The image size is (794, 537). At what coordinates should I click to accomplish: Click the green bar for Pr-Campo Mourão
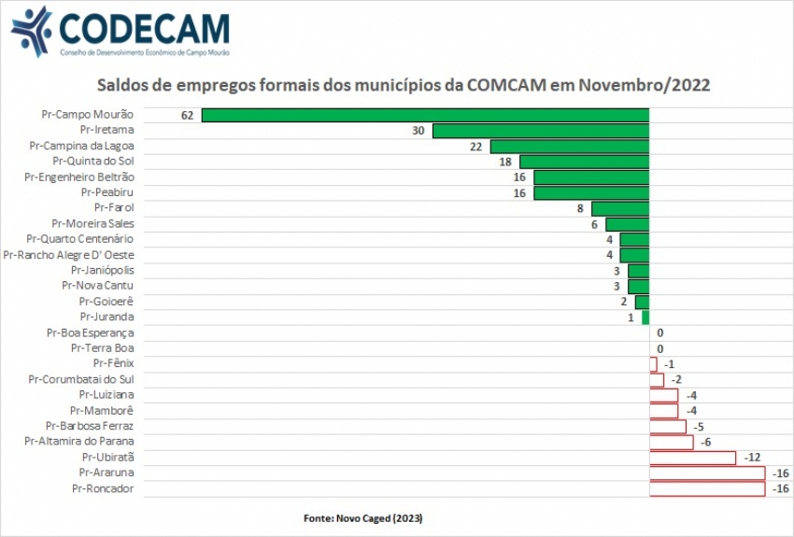click(425, 115)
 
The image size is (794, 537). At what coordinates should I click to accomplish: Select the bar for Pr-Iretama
click(540, 131)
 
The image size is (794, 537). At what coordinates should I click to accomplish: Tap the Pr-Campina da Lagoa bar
click(569, 147)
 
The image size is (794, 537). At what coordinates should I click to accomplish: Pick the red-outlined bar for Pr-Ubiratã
click(692, 458)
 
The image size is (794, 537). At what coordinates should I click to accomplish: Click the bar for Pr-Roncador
click(707, 488)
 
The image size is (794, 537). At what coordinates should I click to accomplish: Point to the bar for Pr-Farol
click(619, 208)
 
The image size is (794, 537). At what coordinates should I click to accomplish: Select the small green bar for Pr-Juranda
click(645, 318)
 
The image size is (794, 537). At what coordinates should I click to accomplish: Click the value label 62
click(187, 115)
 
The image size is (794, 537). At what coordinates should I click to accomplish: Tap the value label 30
click(418, 131)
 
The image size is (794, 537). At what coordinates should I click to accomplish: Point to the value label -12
click(753, 458)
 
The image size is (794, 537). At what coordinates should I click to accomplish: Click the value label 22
click(475, 147)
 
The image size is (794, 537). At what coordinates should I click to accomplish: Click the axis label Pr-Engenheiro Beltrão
click(79, 177)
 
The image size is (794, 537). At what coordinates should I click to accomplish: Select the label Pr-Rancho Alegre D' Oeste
click(69, 255)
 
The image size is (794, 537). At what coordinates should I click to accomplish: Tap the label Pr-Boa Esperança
click(90, 332)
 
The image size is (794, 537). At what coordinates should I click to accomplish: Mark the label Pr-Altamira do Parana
click(79, 441)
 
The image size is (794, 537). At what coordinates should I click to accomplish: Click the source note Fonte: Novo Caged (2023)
click(370, 517)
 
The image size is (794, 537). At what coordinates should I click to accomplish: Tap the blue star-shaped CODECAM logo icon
click(31, 31)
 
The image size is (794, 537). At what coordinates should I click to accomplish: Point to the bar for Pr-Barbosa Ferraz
click(667, 426)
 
